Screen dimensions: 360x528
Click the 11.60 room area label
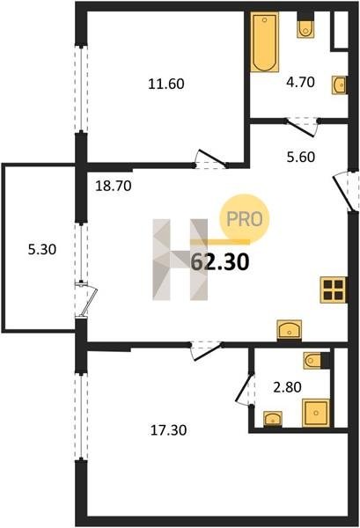point(166,84)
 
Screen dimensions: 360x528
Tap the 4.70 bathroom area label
point(300,82)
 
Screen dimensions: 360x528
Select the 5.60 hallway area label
point(301,157)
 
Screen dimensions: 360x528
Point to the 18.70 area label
point(114,186)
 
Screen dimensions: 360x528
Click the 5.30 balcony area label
point(42,250)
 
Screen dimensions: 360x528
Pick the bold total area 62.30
point(220,262)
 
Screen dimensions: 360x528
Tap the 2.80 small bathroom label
point(287,387)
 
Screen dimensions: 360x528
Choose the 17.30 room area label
point(168,430)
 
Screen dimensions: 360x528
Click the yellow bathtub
point(264,42)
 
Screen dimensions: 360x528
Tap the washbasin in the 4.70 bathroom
point(339,85)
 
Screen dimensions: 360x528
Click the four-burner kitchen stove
point(333,290)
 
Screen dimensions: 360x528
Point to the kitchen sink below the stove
point(290,330)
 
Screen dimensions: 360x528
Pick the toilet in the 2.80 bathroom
point(312,361)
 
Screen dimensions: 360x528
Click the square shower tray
point(316,413)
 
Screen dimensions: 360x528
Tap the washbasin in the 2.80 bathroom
point(273,419)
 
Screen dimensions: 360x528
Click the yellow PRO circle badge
point(245,219)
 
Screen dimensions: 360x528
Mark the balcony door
point(87,300)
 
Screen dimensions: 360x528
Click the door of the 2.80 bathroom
point(245,389)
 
